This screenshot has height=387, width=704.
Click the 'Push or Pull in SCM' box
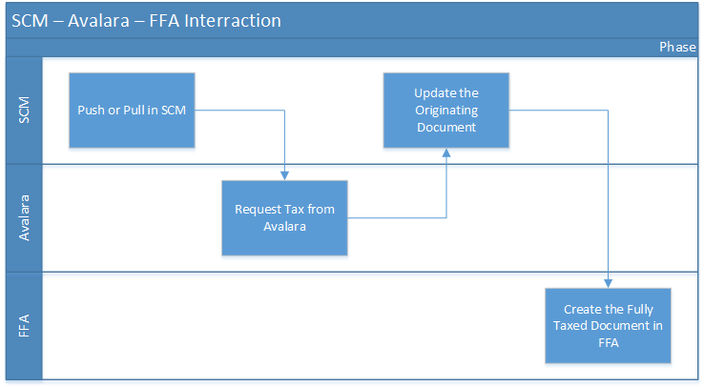coord(132,110)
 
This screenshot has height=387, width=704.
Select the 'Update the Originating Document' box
coord(445,110)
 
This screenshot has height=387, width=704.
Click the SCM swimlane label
coord(25,110)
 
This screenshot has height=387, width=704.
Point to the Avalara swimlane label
coord(25,217)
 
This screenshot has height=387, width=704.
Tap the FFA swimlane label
coord(25,325)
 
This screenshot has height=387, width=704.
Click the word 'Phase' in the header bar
coord(677,48)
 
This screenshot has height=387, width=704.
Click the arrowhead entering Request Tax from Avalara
coord(285,174)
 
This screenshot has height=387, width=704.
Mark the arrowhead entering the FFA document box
coord(607,282)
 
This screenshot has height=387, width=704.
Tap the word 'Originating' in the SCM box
coord(445,110)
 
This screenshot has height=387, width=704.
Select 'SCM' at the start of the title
coord(31,20)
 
